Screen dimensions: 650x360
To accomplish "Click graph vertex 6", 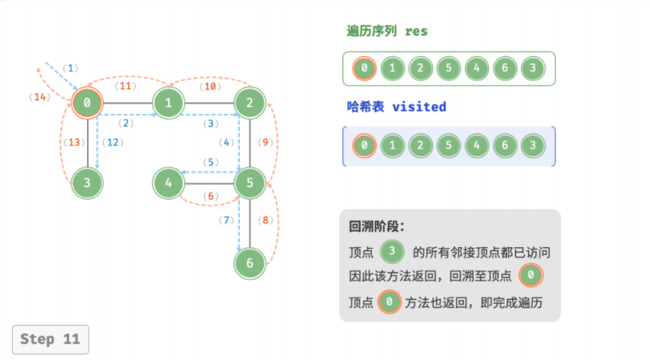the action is (x=249, y=263).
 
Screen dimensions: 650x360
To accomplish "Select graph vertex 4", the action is (x=168, y=183).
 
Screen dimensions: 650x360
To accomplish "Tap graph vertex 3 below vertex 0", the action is (x=87, y=183).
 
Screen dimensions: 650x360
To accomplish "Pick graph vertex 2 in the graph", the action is (x=249, y=103).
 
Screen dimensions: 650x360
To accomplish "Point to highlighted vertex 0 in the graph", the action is (x=87, y=103).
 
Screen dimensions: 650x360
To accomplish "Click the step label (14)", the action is (x=40, y=97).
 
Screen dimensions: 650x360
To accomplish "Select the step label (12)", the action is (x=113, y=142).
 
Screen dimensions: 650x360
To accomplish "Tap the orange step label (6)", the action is (x=210, y=196).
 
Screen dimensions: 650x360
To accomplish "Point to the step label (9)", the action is (x=266, y=142).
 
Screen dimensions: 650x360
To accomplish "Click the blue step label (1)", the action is (x=71, y=68).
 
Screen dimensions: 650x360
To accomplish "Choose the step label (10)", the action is (x=210, y=86).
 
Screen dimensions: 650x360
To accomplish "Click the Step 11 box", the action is (x=50, y=339).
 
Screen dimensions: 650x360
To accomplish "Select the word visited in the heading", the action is (x=419, y=107).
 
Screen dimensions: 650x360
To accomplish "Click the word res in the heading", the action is (x=416, y=32).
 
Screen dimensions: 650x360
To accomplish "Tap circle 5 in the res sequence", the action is (x=448, y=68).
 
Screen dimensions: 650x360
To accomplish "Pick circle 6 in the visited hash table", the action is (x=505, y=145).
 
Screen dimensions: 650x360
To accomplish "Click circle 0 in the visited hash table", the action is (x=364, y=145).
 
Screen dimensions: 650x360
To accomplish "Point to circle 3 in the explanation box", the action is (x=392, y=251).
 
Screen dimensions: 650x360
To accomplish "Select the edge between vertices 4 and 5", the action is (x=209, y=184).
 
